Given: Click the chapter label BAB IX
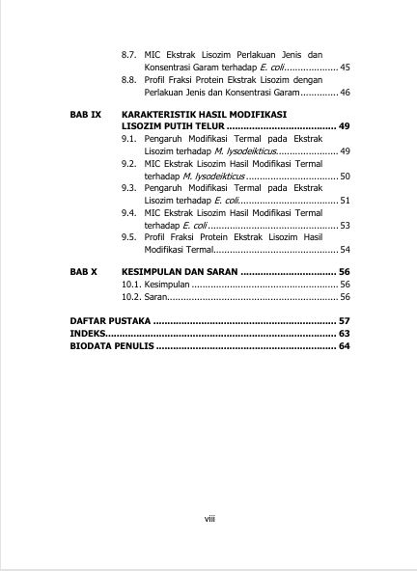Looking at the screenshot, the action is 85,114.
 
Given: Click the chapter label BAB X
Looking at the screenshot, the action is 84,273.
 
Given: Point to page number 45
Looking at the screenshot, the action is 346,67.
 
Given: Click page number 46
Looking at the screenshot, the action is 346,93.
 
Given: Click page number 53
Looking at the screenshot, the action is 346,225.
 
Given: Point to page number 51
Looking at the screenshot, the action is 346,200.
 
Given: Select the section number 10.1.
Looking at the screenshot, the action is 131,285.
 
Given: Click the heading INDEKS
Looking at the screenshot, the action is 87,333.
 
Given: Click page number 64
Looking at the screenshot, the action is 344,345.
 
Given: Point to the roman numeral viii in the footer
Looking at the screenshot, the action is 208,519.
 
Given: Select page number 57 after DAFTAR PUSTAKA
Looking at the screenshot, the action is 344,319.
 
